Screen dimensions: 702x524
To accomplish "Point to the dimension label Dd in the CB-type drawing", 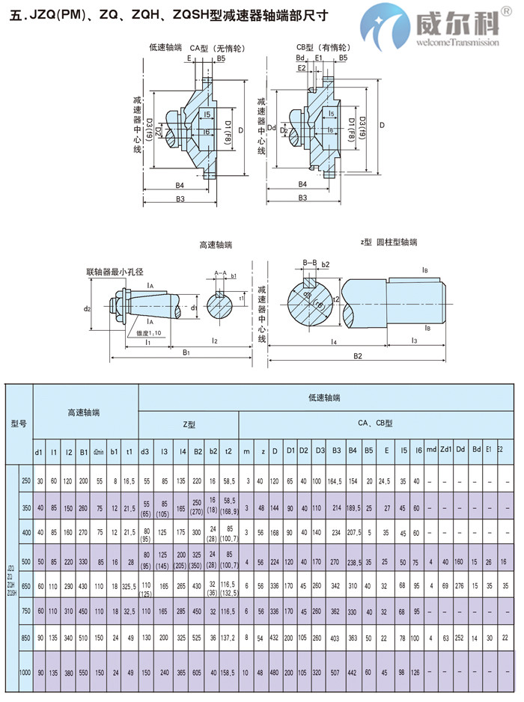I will coord(272,128).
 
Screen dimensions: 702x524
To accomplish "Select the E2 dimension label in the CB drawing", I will coord(302,67).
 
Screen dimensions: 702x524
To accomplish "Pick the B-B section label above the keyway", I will coord(311,262).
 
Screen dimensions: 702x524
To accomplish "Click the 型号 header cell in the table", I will coord(19,424).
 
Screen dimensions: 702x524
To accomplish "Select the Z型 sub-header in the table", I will coord(189,424).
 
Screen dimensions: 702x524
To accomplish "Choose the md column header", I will coord(431,451).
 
